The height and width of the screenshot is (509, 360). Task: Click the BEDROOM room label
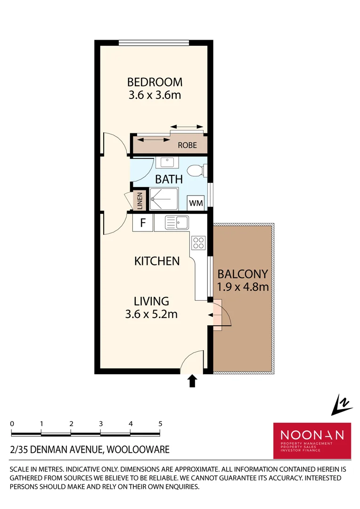[155, 82]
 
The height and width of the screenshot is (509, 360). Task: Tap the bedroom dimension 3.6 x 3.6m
[155, 95]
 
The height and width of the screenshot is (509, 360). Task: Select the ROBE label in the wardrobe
[187, 145]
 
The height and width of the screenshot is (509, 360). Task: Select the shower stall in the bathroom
[164, 199]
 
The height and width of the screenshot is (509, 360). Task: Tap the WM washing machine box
[196, 203]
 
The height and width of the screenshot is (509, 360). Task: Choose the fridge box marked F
[143, 223]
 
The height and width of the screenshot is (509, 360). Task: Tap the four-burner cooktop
[198, 243]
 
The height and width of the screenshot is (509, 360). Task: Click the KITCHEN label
[157, 261]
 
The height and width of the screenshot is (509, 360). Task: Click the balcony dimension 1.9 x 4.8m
[243, 287]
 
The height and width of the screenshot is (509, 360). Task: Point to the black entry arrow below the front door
[192, 381]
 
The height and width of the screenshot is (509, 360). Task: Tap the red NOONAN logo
[312, 440]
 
